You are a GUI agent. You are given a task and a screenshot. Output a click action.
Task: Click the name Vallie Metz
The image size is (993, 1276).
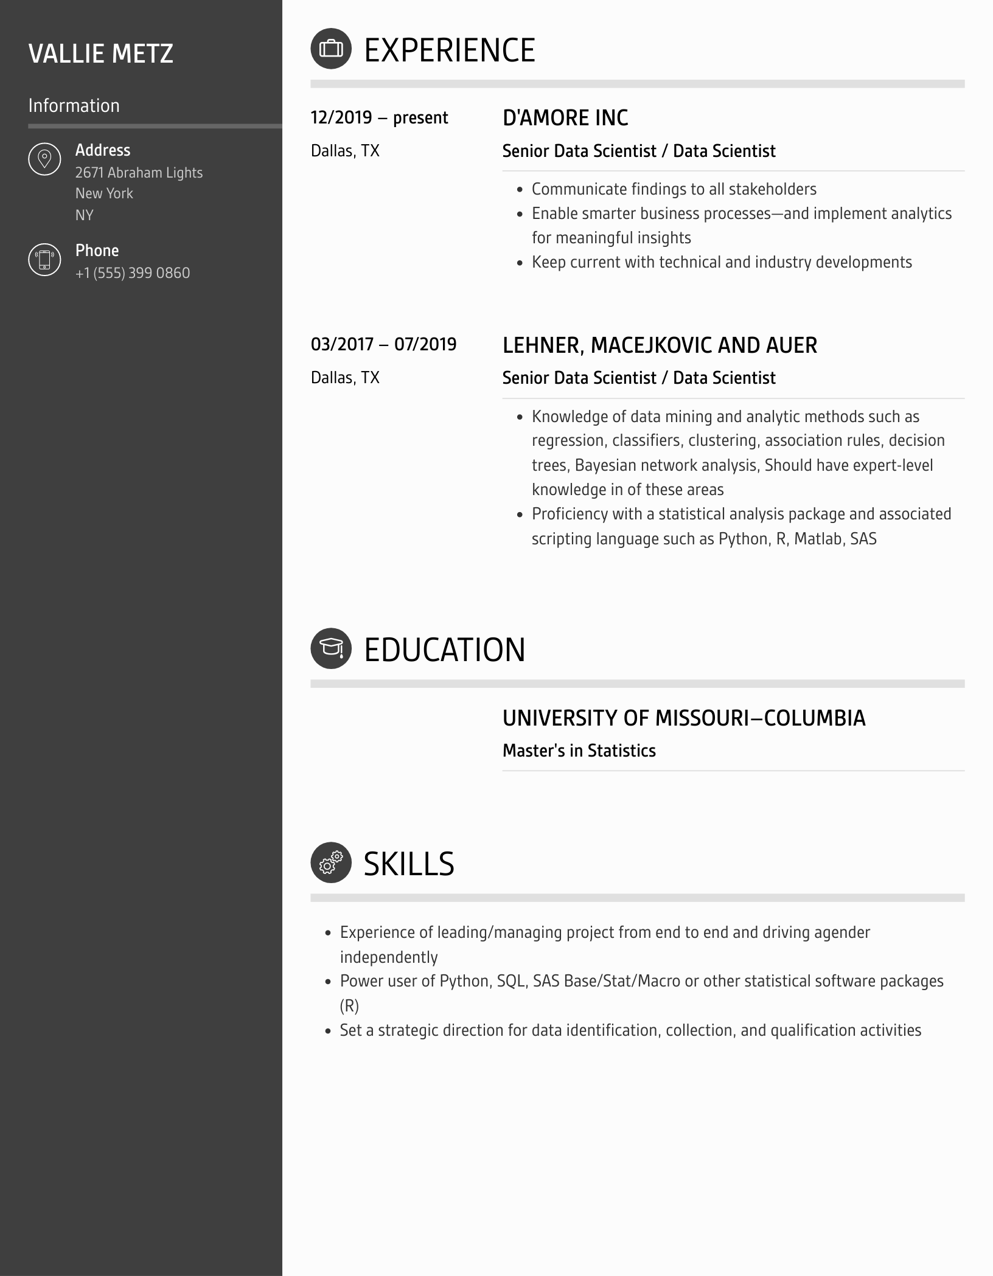click(100, 54)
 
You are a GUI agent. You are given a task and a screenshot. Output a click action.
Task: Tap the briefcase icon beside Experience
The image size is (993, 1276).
click(331, 49)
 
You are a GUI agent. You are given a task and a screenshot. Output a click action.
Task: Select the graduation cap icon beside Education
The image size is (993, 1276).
click(331, 648)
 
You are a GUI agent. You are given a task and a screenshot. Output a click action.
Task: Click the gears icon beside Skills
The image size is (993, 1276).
click(331, 862)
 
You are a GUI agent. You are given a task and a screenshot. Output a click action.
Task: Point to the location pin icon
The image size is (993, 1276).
click(44, 159)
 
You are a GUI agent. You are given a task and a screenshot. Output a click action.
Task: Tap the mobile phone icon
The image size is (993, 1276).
click(44, 259)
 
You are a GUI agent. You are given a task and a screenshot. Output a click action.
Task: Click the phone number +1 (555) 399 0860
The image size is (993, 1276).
click(133, 273)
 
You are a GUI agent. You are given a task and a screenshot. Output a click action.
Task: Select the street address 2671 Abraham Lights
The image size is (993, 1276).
click(139, 173)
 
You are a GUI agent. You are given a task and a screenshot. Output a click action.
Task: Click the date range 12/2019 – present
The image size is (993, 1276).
click(379, 117)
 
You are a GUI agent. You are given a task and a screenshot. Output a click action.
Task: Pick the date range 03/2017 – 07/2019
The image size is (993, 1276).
click(383, 344)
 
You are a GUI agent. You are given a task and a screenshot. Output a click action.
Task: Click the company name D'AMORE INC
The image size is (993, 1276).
click(565, 118)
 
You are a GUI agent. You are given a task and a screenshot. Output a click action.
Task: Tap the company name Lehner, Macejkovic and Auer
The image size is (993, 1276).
click(660, 345)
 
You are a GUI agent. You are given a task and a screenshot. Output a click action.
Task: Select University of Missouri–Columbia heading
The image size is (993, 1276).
click(683, 718)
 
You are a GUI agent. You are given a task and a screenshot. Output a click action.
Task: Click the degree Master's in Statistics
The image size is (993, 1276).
click(579, 751)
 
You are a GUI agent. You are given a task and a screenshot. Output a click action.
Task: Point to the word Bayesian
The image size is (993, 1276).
click(605, 465)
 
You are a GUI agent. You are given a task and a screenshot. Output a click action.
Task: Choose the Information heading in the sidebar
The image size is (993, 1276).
click(74, 105)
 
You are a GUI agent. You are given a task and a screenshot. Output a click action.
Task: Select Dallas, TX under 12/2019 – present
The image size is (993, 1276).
click(345, 151)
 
